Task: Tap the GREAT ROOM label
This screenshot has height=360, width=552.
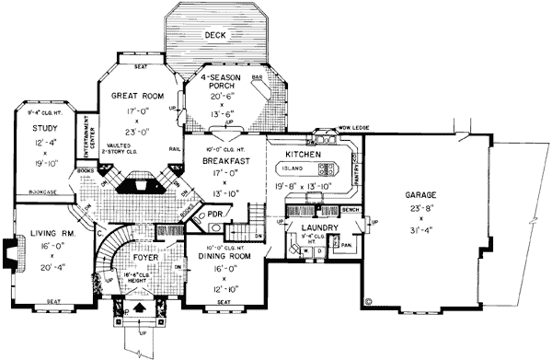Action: click(137, 95)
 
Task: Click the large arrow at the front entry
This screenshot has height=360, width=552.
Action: click(139, 308)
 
